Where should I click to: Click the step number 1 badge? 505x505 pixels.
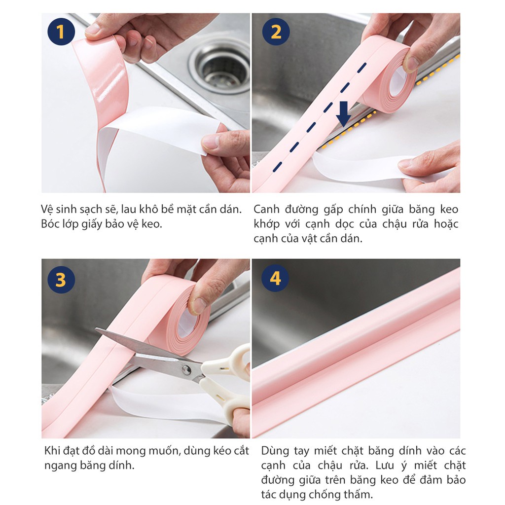(61, 32)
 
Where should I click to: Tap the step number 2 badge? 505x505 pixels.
(276, 32)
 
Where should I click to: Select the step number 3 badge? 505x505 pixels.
(61, 280)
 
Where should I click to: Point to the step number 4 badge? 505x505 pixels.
(275, 278)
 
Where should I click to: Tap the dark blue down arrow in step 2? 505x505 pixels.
(344, 114)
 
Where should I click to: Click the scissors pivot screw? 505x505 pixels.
(186, 369)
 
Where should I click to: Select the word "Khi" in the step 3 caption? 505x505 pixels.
(51, 451)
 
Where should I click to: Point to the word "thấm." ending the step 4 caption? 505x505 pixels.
(358, 494)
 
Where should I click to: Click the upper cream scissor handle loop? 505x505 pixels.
(231, 361)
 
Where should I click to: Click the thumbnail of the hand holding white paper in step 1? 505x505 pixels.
(226, 158)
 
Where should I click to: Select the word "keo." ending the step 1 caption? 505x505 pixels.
(152, 224)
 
